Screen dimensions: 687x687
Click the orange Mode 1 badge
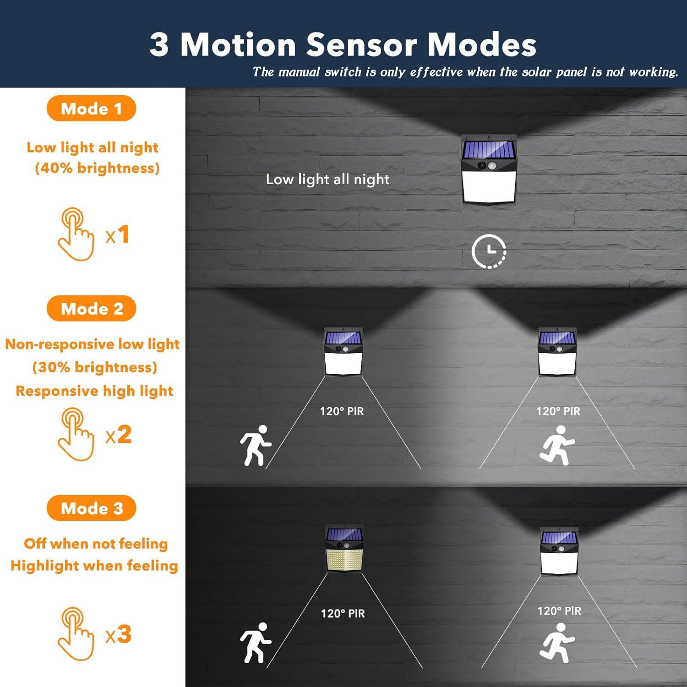[x=91, y=109]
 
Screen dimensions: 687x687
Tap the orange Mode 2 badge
[x=91, y=309]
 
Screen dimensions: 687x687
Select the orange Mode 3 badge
[x=91, y=508]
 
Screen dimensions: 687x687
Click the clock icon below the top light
[x=489, y=251]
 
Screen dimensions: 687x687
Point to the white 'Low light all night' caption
[x=327, y=179]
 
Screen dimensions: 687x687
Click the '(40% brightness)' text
[x=97, y=168]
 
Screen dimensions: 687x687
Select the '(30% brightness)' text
[x=95, y=367]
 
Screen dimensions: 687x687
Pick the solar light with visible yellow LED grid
[x=344, y=549]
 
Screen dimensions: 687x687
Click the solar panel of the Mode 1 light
[x=489, y=149]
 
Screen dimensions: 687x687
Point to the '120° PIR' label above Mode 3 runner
[x=559, y=611]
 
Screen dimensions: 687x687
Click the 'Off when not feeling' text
[x=96, y=544]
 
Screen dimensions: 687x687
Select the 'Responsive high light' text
[x=94, y=391]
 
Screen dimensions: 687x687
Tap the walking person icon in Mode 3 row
[x=256, y=643]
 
